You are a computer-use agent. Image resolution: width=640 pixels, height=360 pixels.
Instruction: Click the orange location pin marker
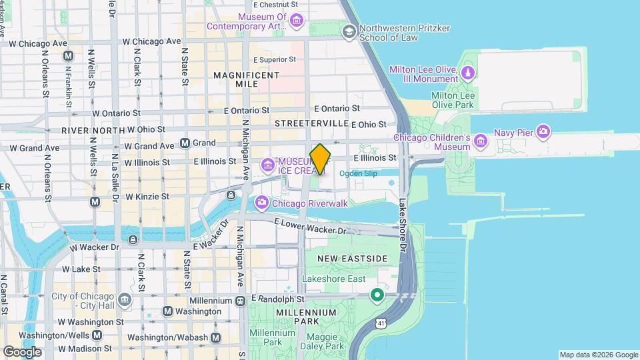[321, 159]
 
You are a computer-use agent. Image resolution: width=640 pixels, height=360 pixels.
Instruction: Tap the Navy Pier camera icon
[543, 131]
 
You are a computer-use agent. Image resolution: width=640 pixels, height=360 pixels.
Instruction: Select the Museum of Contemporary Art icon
[297, 21]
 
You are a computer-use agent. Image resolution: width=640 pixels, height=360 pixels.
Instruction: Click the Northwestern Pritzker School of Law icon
[349, 31]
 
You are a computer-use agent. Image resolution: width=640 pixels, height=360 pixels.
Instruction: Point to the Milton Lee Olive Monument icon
[469, 72]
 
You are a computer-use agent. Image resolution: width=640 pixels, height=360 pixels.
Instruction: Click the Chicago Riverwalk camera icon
[261, 202]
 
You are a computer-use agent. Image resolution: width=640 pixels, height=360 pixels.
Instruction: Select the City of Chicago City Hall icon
[124, 300]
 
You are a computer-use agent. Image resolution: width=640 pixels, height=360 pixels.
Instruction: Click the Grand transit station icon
[185, 143]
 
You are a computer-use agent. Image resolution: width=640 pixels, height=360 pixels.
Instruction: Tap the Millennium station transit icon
[240, 301]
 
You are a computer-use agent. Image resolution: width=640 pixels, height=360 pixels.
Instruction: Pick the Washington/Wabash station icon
[215, 338]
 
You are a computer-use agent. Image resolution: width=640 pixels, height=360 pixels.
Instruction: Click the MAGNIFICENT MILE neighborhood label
[246, 80]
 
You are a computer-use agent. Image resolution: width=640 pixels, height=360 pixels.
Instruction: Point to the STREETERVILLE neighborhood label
[312, 124]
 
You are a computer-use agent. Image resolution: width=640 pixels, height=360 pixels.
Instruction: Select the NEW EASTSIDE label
[352, 259]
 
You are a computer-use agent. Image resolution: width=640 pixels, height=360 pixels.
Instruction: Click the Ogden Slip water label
[358, 174]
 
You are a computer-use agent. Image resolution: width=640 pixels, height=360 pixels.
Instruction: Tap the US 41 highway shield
[380, 323]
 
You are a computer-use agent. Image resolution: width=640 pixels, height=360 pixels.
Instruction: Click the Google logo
[22, 351]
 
